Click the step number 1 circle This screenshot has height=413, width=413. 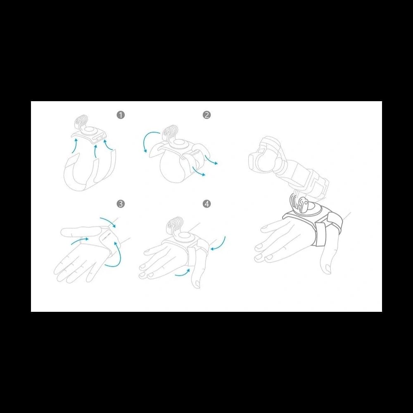pos(121,115)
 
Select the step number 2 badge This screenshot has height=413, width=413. pos(207,115)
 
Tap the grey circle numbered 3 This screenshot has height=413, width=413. pos(121,204)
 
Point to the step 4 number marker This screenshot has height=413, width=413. pos(207,204)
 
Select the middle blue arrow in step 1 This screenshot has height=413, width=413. pos(96,152)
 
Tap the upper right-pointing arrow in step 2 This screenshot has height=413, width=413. pos(211,160)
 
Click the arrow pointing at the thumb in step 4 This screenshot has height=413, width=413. pos(183,273)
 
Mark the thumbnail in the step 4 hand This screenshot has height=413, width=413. pos(197,284)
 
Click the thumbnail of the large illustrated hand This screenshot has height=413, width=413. pos(328,268)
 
